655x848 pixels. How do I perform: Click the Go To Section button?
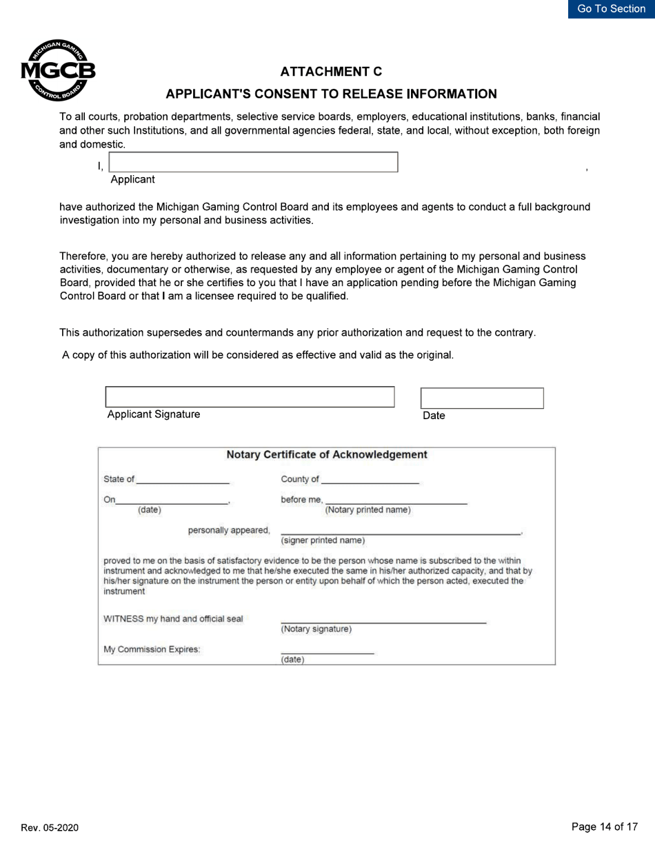click(611, 9)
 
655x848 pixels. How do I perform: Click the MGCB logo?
click(58, 71)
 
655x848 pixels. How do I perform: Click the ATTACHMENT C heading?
click(331, 72)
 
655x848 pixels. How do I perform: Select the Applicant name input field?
click(254, 162)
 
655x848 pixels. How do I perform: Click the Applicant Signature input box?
click(250, 397)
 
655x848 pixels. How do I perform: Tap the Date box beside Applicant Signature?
click(482, 398)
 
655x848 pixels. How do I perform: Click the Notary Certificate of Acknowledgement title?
click(327, 455)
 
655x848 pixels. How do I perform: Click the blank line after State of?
click(183, 480)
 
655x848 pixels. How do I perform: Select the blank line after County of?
click(370, 480)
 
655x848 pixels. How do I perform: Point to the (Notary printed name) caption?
click(367, 510)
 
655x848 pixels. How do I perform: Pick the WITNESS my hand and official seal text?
click(173, 618)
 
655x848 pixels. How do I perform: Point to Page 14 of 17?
click(605, 827)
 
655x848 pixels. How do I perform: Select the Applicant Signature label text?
click(154, 414)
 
